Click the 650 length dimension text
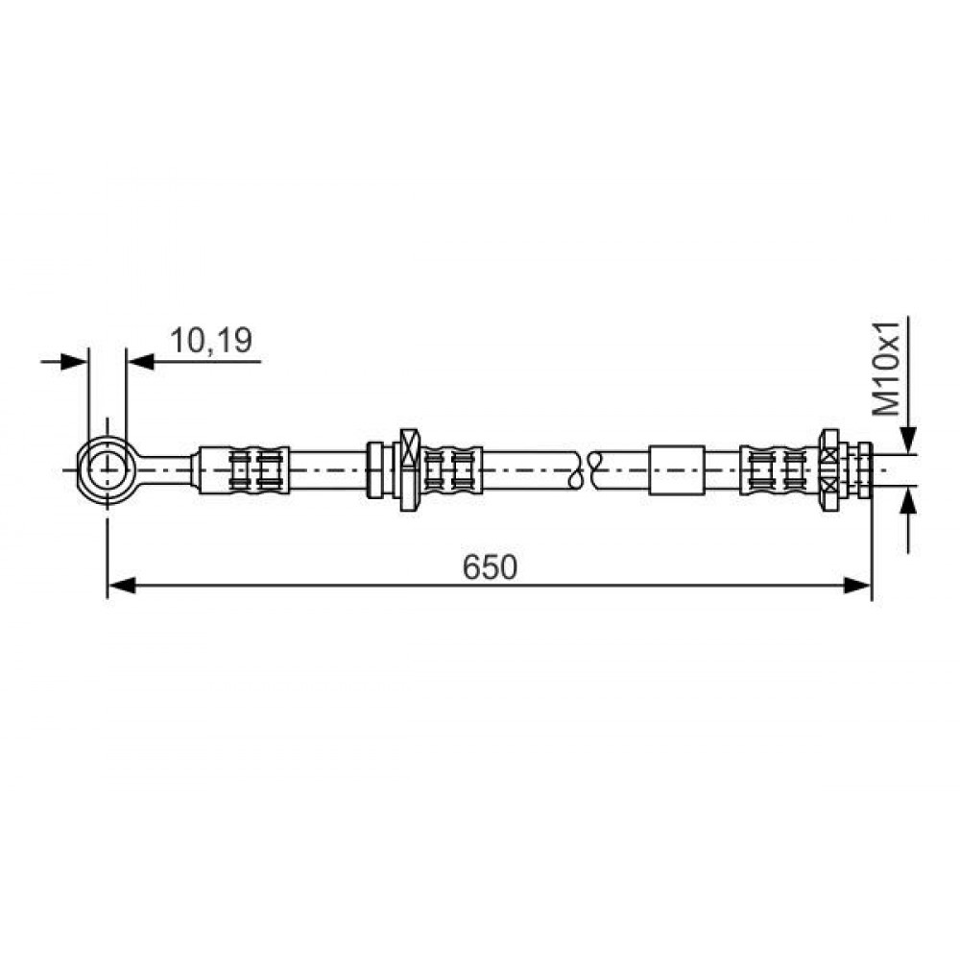coord(490,567)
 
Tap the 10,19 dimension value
coord(210,341)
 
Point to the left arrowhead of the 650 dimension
coord(121,586)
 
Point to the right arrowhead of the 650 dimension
coord(857,586)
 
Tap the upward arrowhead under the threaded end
coord(908,500)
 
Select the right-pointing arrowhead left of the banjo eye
coord(74,361)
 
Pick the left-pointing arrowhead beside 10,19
coord(140,361)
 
